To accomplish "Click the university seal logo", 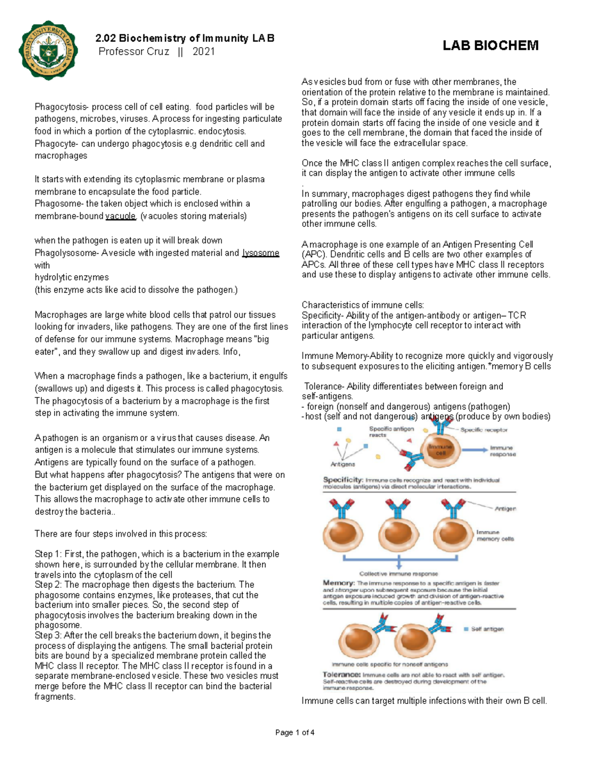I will click(x=48, y=50).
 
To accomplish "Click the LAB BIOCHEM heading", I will click(x=490, y=46).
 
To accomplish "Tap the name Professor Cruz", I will click(x=134, y=52).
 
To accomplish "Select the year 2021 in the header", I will click(x=203, y=52).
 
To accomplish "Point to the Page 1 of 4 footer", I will click(x=295, y=732).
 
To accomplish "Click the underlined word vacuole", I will click(x=120, y=216).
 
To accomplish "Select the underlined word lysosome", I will click(x=261, y=253).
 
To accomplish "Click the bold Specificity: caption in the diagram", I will click(x=343, y=480).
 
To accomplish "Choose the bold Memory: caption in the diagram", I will click(x=339, y=583).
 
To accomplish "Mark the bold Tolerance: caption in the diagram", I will click(x=342, y=675).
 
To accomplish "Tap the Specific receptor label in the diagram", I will click(x=484, y=430).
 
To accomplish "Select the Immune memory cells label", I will click(x=494, y=535).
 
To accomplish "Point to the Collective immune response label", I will click(x=398, y=574).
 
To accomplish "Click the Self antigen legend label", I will click(x=487, y=629).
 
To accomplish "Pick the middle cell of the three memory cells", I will click(x=398, y=534).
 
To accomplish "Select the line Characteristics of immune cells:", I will click(x=362, y=305).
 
